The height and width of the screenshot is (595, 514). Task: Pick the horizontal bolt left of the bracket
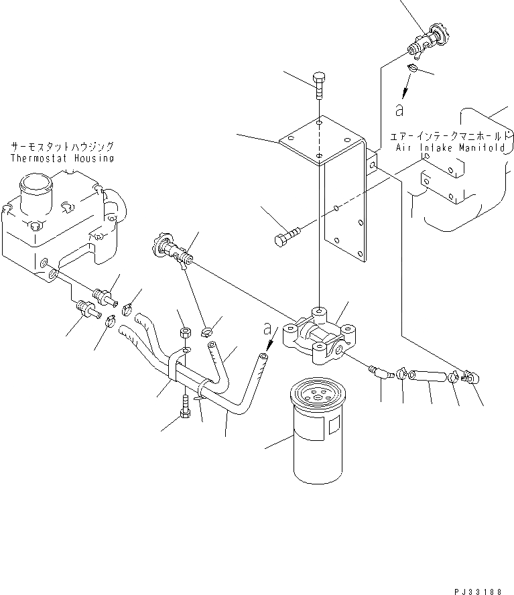(287, 237)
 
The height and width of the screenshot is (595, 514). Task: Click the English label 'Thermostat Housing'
(62, 158)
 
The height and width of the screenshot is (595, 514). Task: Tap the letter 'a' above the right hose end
(267, 329)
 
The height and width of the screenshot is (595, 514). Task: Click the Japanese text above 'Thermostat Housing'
(62, 145)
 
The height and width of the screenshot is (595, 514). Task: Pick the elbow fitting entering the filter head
(381, 370)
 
